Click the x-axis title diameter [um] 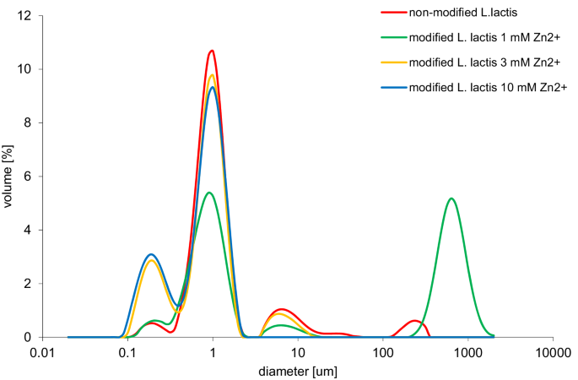299,369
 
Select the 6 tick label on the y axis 28,176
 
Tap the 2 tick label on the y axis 28,283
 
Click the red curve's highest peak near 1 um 212,51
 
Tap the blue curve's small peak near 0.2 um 151,254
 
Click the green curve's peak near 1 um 209,193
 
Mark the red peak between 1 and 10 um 282,309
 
